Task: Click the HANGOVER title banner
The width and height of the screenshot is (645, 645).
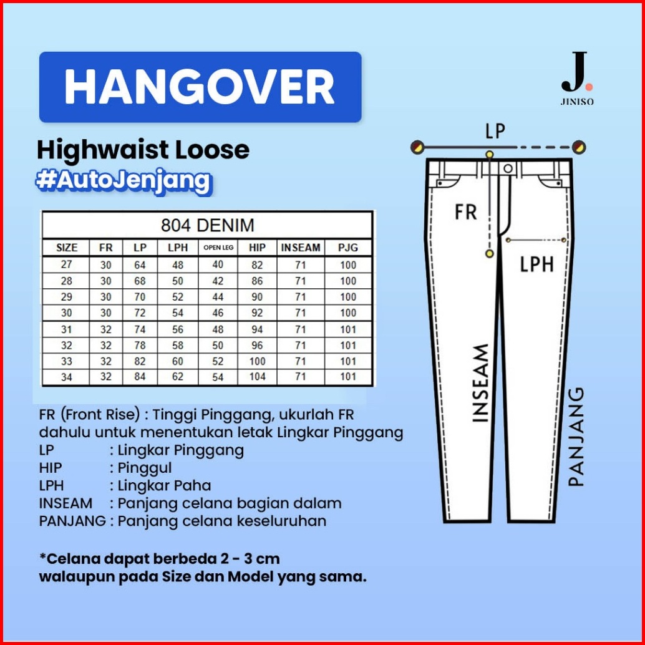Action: pyautogui.click(x=200, y=87)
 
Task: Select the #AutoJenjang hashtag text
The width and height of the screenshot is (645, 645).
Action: pyautogui.click(x=123, y=180)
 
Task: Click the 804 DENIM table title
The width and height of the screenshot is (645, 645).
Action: pyautogui.click(x=207, y=225)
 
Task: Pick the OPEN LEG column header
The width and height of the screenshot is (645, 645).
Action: pyautogui.click(x=218, y=248)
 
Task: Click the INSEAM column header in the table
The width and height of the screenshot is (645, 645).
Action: pyautogui.click(x=300, y=248)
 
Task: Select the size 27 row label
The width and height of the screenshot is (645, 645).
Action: pyautogui.click(x=66, y=264)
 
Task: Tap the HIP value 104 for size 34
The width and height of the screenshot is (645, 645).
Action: pyautogui.click(x=257, y=377)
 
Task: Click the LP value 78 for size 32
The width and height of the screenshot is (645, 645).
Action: pyautogui.click(x=140, y=345)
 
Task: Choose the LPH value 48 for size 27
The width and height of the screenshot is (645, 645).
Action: pyautogui.click(x=178, y=264)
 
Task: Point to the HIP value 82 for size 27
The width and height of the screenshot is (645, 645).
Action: pyautogui.click(x=257, y=264)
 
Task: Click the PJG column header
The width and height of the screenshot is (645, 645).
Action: pyautogui.click(x=347, y=248)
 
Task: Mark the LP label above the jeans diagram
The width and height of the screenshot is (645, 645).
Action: pyautogui.click(x=495, y=131)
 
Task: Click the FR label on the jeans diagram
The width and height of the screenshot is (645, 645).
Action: pyautogui.click(x=466, y=211)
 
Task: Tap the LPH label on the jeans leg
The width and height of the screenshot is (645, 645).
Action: pyautogui.click(x=537, y=264)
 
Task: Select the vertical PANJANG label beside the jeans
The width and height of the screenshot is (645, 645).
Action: pyautogui.click(x=577, y=436)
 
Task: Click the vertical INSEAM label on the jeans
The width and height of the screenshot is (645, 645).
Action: pyautogui.click(x=480, y=384)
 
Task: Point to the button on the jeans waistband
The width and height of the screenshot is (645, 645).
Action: pyautogui.click(x=508, y=168)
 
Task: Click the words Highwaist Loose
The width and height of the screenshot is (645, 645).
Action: pyautogui.click(x=143, y=150)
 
